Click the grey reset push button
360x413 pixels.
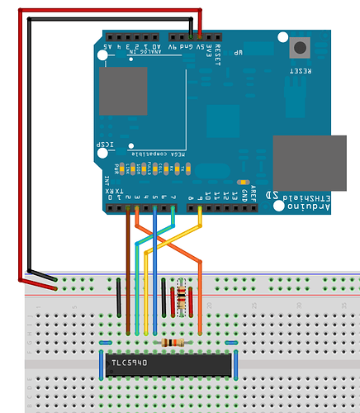tap(299, 48)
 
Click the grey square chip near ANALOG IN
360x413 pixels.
tap(123, 92)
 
